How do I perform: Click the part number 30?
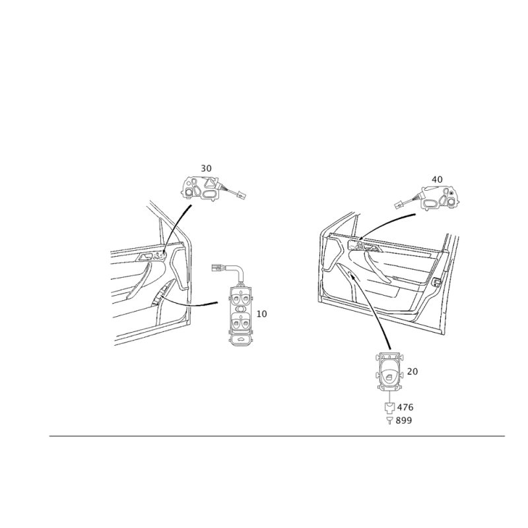click(206, 168)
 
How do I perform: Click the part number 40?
click(437, 180)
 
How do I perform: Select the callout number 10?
click(261, 314)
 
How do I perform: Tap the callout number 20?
click(412, 372)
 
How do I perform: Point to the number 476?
click(405, 407)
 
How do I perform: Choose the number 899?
click(404, 420)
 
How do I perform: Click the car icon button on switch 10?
click(240, 339)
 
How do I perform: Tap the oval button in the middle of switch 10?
click(240, 309)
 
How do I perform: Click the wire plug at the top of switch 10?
click(218, 268)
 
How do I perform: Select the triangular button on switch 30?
click(209, 183)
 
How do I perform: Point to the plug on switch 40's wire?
click(399, 203)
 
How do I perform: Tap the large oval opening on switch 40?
click(431, 203)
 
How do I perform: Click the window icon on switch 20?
click(391, 378)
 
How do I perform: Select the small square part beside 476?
click(390, 407)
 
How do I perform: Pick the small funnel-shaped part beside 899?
click(389, 420)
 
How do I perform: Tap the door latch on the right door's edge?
click(436, 282)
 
